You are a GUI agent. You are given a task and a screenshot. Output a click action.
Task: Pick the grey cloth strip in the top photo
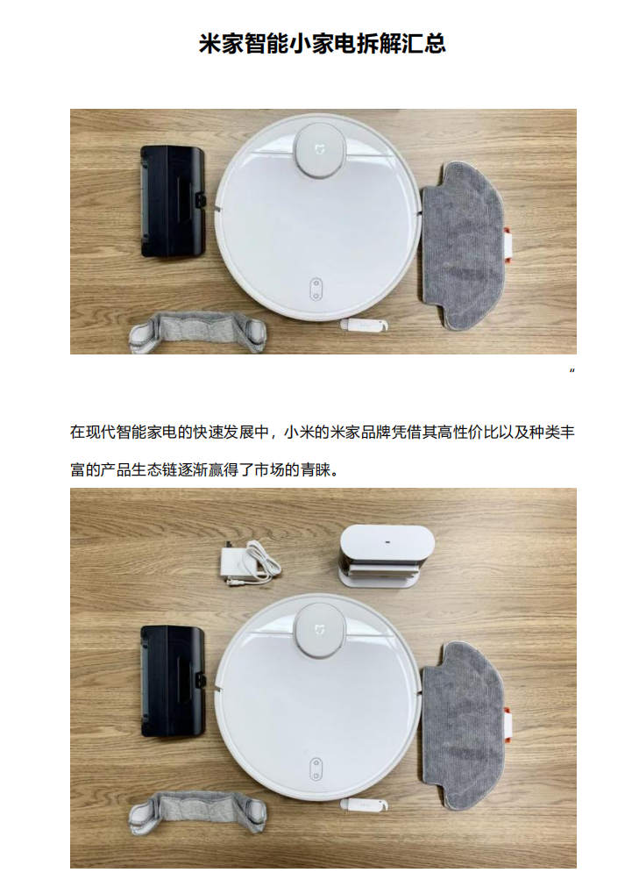197,331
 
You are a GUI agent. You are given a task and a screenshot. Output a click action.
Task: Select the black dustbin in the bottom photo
173,680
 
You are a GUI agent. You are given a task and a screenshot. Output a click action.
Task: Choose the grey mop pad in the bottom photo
461,737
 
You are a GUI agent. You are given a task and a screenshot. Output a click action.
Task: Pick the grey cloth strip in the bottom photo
197,809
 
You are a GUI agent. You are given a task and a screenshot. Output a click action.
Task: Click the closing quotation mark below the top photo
572,371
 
